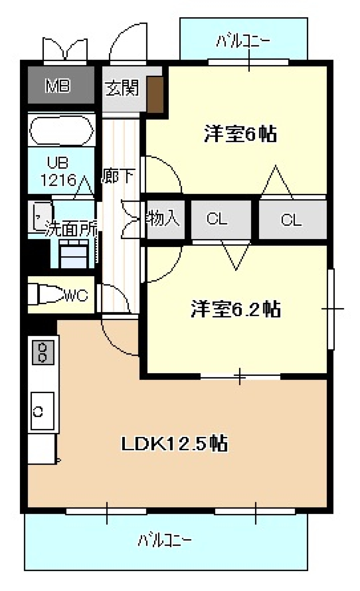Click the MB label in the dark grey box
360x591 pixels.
click(58, 86)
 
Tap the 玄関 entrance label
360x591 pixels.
click(122, 88)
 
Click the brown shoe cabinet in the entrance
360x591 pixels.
click(155, 94)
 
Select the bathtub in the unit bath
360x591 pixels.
click(61, 130)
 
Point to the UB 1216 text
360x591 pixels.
click(58, 172)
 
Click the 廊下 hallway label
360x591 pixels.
click(118, 176)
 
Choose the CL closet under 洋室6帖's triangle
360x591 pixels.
click(292, 220)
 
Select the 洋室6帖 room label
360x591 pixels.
click(240, 134)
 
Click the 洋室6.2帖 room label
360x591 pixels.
click(235, 310)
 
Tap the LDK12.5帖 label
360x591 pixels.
click(174, 444)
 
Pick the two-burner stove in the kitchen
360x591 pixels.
click(43, 353)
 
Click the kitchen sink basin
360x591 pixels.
click(42, 411)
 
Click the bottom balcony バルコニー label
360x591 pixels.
click(165, 540)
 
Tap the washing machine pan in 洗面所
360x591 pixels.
click(74, 255)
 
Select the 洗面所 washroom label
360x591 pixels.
click(71, 229)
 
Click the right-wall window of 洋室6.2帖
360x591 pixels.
click(331, 309)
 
